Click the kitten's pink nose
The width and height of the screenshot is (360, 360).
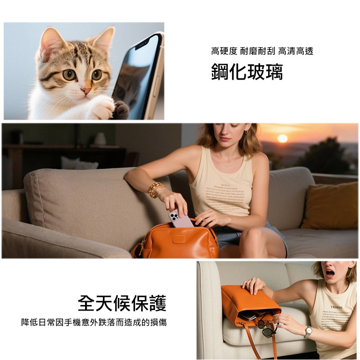click(85, 90)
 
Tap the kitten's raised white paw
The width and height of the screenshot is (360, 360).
click(103, 108)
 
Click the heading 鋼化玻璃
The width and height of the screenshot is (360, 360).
click(247, 72)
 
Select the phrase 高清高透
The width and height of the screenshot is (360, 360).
click(296, 51)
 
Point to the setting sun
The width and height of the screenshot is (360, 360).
click(282, 138)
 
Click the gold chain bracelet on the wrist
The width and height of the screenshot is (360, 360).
click(155, 189)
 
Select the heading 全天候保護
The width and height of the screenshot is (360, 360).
click(122, 303)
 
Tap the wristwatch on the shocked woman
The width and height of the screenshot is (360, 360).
click(308, 332)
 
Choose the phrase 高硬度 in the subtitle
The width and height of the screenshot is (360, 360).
click(224, 51)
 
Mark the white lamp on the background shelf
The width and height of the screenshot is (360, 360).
click(100, 139)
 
